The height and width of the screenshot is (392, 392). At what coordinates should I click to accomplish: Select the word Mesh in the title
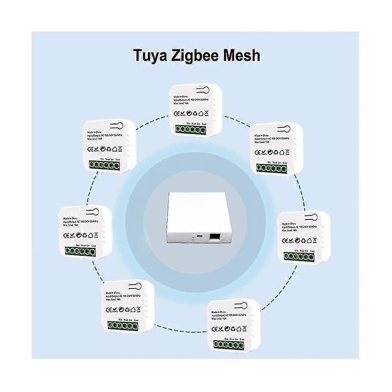241,55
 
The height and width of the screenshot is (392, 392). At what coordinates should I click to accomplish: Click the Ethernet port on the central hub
215,236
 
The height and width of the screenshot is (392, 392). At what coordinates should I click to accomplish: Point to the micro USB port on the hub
199,236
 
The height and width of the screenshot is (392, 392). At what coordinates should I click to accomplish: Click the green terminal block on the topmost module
190,129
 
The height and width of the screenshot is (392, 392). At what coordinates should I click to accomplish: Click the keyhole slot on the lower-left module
134,287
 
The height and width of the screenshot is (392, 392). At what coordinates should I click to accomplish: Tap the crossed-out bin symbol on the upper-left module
120,149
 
